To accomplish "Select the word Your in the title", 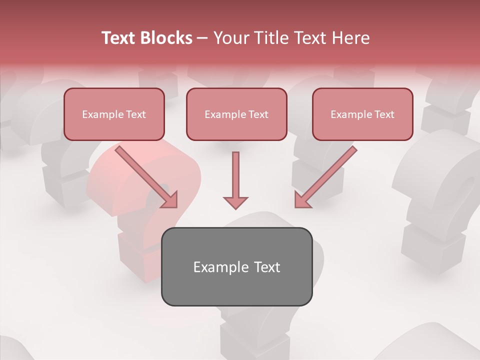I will click(230, 38).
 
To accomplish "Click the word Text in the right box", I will click(384, 114).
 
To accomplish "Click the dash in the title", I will click(202, 38).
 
